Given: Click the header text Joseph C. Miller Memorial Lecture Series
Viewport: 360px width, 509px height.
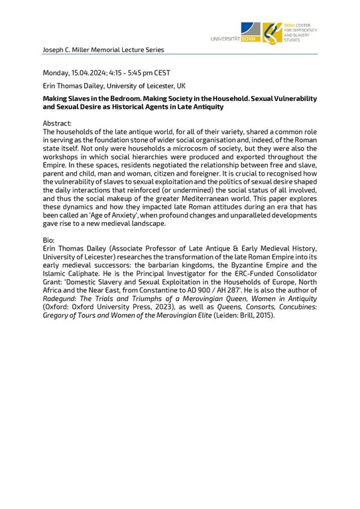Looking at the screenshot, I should point(103,49).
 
